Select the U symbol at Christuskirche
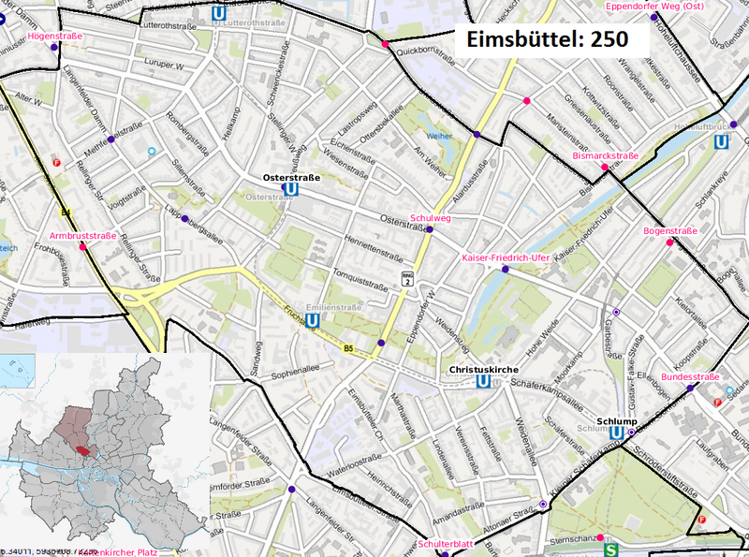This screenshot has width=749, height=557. click(483, 382)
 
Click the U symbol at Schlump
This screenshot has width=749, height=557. click(616, 433)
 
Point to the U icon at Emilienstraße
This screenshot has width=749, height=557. click(312, 319)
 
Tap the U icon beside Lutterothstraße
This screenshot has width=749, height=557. click(219, 13)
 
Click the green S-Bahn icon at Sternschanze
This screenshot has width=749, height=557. click(611, 550)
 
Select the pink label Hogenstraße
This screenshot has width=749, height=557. click(56, 36)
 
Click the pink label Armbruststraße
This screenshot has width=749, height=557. click(83, 236)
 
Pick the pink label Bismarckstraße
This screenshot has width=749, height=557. click(605, 156)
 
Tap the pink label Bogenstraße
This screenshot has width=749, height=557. click(670, 231)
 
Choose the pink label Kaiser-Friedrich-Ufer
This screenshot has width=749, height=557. click(505, 257)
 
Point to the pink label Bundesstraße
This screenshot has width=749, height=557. click(690, 376)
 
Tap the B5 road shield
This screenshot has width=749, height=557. click(348, 349)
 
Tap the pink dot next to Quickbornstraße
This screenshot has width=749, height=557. click(385, 43)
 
